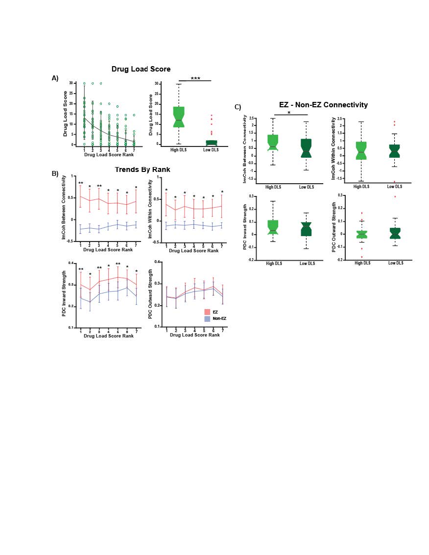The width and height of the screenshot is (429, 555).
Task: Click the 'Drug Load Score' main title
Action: click(141, 69)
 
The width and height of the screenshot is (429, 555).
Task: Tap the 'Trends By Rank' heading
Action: click(143, 169)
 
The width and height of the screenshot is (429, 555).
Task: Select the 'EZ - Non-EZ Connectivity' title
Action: click(323, 105)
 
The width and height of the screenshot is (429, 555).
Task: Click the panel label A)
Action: click(55, 78)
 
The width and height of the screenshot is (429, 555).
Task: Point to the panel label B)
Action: click(55, 173)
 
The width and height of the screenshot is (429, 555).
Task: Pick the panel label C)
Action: click(238, 107)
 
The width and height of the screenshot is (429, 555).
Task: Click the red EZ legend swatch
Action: click(207, 312)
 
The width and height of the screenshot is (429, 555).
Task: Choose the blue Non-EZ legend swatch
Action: click(207, 318)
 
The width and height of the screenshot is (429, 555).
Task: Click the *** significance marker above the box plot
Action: click(195, 78)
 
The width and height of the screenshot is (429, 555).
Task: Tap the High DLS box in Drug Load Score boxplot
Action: click(179, 117)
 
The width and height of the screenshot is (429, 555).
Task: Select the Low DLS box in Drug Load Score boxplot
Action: click(211, 143)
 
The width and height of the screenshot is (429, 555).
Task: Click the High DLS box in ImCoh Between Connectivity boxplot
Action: click(273, 143)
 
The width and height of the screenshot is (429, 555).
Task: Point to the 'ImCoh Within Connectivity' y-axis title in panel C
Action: click(334, 149)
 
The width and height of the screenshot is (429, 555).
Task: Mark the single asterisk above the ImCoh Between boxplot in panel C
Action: click(289, 113)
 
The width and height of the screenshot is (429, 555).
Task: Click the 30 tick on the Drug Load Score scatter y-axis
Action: click(71, 84)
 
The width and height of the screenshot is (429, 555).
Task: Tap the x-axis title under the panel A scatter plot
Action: click(108, 155)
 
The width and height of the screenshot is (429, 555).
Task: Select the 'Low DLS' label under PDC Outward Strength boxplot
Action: click(395, 263)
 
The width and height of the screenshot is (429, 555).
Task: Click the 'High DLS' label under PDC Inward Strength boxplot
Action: click(273, 264)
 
